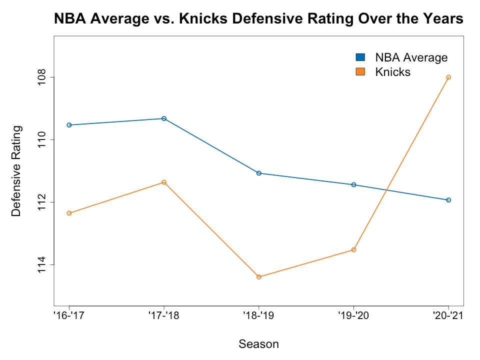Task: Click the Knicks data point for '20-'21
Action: [448, 77]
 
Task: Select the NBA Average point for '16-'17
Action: [69, 125]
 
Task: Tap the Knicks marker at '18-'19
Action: [259, 277]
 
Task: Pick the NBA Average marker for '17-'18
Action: [164, 118]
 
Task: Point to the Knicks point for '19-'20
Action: [353, 250]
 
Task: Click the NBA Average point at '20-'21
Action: [448, 200]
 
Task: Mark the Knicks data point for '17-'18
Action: [164, 182]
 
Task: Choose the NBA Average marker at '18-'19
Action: [259, 173]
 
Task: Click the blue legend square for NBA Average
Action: [360, 57]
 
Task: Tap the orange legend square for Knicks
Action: [360, 71]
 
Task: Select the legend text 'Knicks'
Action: [393, 72]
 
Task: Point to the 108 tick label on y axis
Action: [41, 77]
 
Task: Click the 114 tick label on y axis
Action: [41, 265]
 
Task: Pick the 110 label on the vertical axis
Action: [41, 139]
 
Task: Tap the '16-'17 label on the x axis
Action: [69, 315]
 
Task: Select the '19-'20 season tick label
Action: [353, 315]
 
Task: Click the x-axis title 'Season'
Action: [258, 344]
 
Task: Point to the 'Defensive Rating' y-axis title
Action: [16, 171]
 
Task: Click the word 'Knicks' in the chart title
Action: [203, 18]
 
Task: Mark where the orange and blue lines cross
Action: [386, 190]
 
